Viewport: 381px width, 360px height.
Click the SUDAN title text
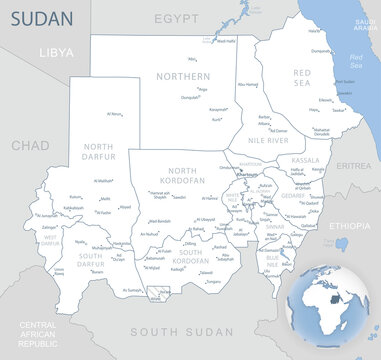(39, 17)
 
